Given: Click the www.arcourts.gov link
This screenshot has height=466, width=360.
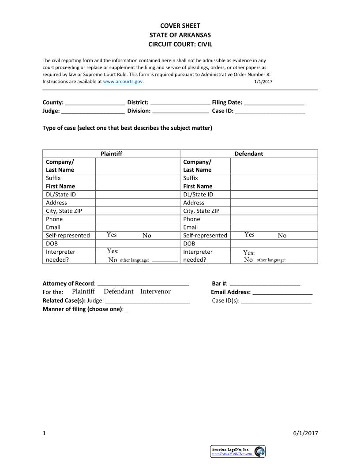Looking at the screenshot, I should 123,82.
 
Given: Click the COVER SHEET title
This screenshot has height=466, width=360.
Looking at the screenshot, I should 180,26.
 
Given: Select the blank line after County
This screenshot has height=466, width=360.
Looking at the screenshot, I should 95,103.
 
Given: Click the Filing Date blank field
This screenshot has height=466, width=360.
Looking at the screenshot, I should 274,103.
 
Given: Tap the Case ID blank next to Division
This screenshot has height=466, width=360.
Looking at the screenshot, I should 270,112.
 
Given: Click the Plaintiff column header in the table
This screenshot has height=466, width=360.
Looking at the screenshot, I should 111,154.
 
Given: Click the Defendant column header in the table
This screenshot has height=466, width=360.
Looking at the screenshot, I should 248,154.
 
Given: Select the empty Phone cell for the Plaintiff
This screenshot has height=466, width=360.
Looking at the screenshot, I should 138,219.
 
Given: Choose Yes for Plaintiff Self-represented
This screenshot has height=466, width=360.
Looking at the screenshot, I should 112,235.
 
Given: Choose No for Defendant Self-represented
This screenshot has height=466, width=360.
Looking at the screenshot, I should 282,236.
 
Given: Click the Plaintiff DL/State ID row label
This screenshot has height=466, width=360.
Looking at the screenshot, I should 64,195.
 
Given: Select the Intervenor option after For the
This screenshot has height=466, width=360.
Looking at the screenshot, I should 155,292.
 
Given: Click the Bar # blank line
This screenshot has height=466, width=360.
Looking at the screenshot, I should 265,284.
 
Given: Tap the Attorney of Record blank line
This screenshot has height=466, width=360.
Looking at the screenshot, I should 143,284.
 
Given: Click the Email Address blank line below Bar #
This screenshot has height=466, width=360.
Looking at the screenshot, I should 282,293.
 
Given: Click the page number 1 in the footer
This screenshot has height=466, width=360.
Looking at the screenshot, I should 44,433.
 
